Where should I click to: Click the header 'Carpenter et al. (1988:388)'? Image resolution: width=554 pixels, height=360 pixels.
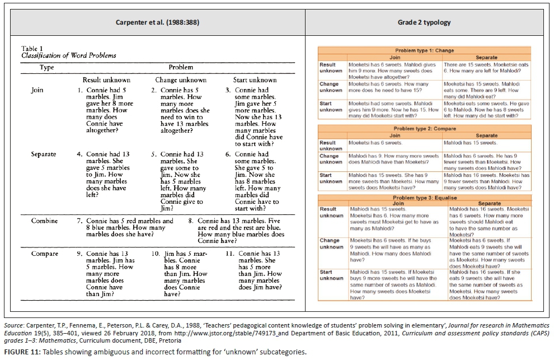click(x=157, y=22)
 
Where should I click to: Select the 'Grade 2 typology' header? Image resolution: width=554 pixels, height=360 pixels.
click(x=424, y=22)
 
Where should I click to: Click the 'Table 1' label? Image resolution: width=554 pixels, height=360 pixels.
click(x=32, y=49)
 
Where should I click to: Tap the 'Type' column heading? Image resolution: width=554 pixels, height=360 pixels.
click(x=46, y=67)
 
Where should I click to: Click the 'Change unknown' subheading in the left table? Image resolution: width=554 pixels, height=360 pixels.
click(x=177, y=80)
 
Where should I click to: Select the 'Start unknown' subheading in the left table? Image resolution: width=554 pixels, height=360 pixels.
click(x=255, y=80)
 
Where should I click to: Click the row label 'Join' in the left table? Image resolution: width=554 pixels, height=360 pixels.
click(x=37, y=90)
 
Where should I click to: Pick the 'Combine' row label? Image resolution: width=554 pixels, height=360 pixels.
click(x=44, y=221)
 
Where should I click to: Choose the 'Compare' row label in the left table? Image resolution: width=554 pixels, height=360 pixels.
click(x=44, y=254)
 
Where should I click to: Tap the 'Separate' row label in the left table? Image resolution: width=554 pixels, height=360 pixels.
click(x=44, y=154)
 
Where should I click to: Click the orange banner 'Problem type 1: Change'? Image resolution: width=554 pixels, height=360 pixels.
click(x=424, y=51)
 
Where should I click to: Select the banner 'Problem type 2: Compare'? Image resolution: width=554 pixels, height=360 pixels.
click(x=424, y=128)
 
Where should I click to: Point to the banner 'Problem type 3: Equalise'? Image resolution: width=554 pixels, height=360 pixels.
click(x=424, y=198)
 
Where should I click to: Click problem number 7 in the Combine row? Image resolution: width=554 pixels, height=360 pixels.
click(x=80, y=221)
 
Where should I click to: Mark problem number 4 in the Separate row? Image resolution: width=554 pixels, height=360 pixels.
click(x=80, y=154)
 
